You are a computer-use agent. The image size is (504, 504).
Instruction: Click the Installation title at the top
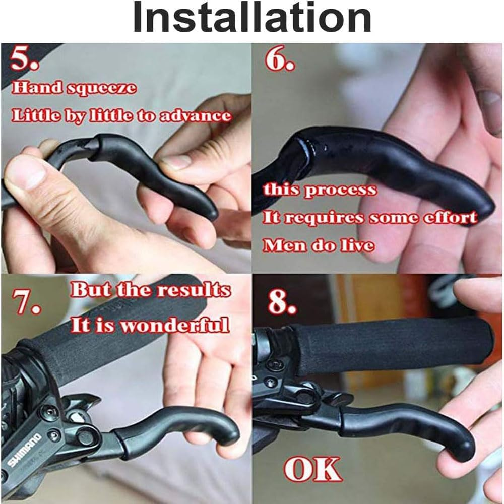coord(252,19)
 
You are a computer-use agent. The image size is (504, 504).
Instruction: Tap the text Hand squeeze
coord(74,88)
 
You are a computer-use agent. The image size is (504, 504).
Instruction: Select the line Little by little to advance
coord(121,116)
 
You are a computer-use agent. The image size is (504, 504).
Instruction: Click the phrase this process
coord(320,190)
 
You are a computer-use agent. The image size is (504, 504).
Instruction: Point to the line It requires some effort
coord(369,218)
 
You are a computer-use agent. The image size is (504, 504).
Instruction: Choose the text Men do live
coord(319,245)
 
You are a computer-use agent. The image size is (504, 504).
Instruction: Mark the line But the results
coord(150,290)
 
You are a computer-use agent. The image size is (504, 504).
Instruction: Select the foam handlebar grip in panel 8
coord(388,345)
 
